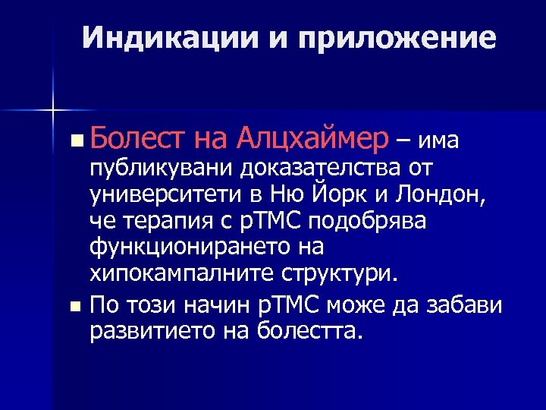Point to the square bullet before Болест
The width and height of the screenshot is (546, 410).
point(74,140)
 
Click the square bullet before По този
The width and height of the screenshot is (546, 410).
point(74,307)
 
